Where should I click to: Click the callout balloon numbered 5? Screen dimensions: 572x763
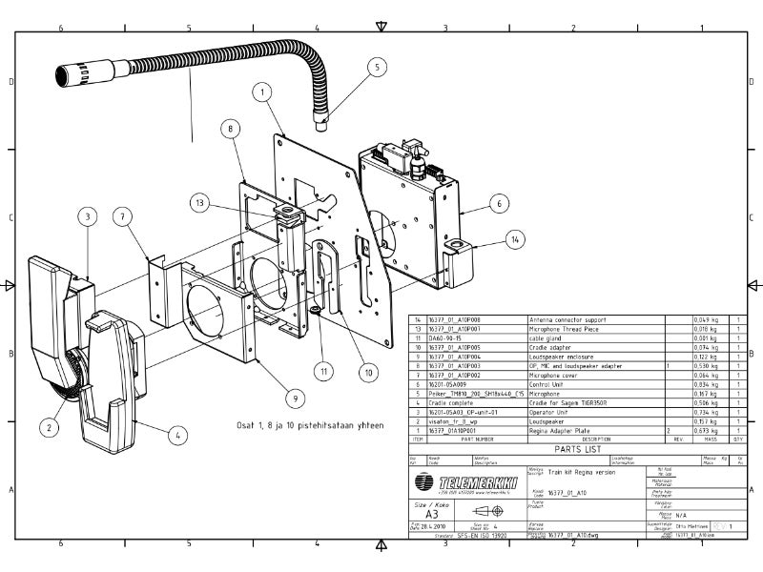pyautogui.click(x=376, y=68)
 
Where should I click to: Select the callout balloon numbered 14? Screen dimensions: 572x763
pyautogui.click(x=516, y=240)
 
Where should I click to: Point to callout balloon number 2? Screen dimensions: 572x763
pyautogui.click(x=47, y=428)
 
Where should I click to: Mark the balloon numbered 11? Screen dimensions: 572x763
pyautogui.click(x=324, y=370)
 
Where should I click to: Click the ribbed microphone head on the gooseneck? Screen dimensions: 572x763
pyautogui.click(x=78, y=70)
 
